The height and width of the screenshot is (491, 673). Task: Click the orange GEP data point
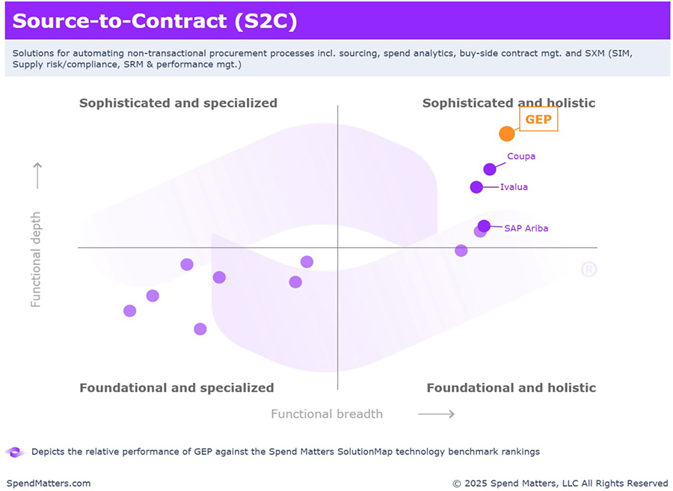point(507,134)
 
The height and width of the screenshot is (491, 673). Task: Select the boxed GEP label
point(538,120)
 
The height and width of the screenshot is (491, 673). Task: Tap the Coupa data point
point(490,169)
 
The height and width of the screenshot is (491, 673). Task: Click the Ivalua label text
point(514,187)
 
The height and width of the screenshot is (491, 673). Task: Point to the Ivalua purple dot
point(476,187)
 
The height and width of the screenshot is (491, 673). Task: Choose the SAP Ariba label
point(526,228)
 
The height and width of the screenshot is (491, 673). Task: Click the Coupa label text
point(521,156)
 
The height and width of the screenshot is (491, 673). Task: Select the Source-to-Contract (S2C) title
point(155,21)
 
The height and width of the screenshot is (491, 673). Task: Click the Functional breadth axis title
point(327,414)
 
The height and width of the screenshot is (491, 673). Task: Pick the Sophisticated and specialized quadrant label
point(178,103)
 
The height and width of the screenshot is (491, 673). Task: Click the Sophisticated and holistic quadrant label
point(508,103)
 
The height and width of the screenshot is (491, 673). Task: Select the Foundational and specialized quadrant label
point(176,388)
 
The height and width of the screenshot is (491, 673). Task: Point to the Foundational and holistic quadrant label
point(511,388)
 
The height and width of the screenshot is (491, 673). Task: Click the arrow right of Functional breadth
point(436,414)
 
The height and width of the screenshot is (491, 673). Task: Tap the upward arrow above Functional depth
point(37,176)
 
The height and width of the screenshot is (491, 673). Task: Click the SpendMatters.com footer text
point(49,484)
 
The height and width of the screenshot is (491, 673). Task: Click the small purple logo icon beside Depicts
point(15,452)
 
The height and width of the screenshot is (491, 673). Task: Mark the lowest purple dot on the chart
point(200,329)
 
